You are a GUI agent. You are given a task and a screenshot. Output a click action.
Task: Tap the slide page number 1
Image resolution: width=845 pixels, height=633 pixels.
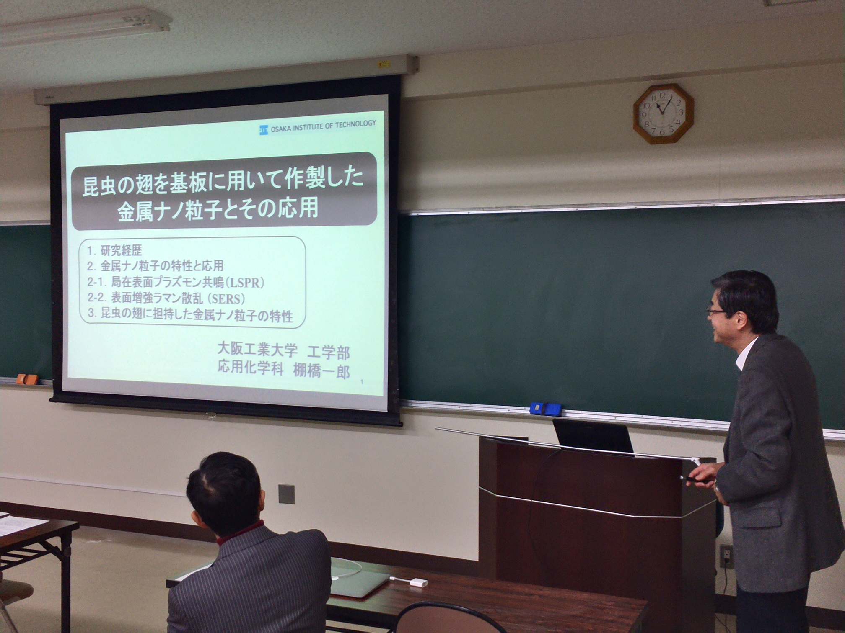362,382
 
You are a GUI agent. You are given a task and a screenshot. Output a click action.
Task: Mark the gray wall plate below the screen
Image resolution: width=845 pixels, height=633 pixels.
286,494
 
